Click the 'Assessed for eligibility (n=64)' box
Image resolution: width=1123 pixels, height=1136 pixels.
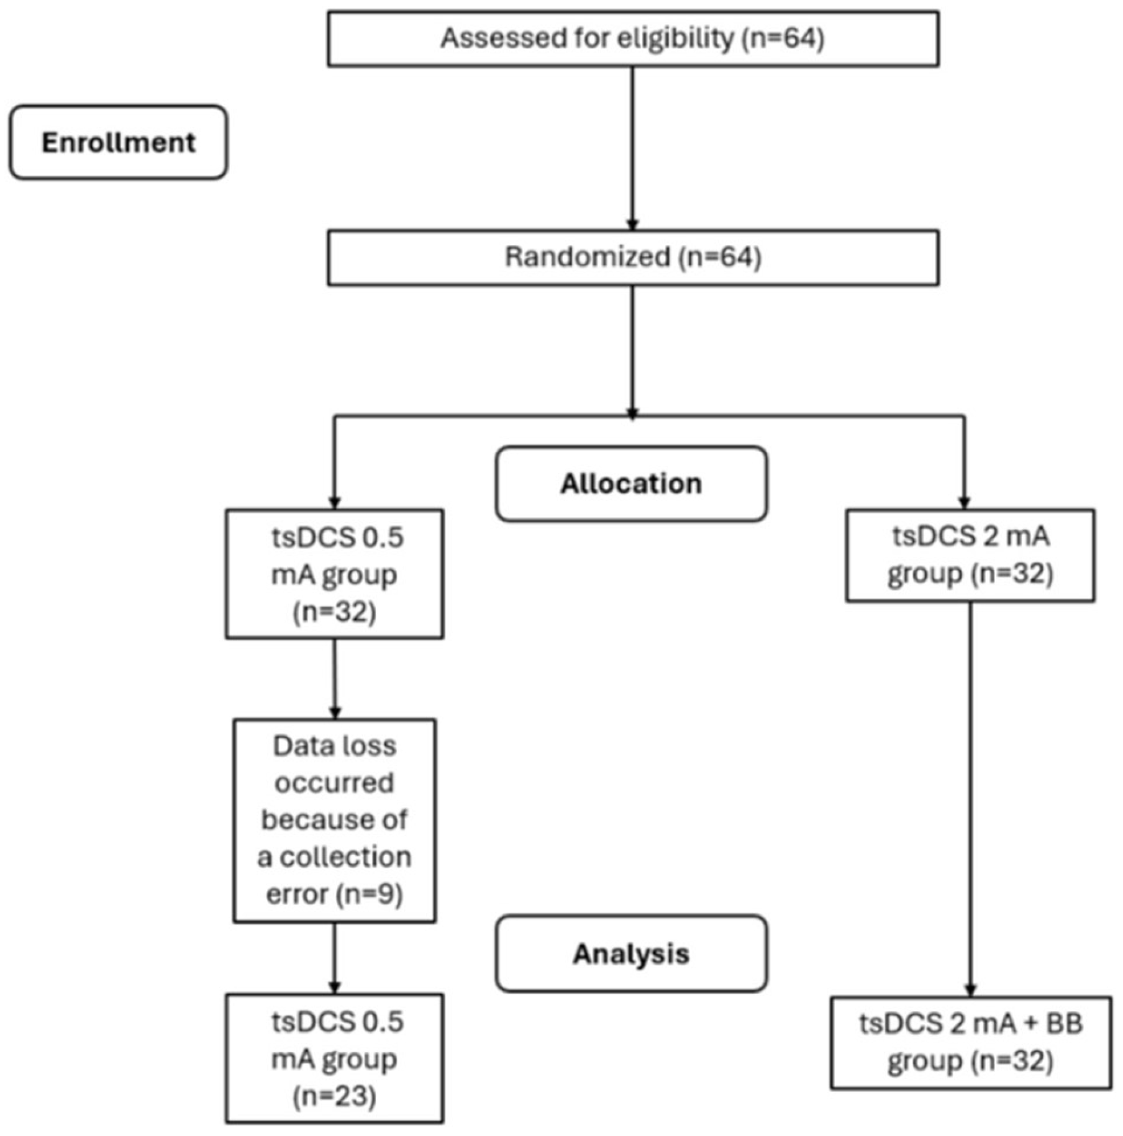632,38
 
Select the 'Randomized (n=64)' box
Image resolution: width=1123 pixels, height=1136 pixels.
632,258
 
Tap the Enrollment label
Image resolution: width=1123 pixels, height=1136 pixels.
118,142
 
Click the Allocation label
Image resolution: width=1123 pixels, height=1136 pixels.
631,484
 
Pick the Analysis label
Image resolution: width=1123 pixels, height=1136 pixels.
631,953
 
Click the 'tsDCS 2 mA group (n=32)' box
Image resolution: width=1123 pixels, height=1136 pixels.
970,555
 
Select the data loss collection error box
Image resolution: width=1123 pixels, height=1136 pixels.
334,821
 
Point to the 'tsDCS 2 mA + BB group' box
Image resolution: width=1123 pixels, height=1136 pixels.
970,1043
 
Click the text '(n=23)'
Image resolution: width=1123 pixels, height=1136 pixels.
334,1096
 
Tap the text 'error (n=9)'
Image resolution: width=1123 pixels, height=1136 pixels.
334,895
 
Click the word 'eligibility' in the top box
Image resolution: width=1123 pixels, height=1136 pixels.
675,38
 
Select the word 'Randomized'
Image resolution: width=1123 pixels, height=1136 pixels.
587,257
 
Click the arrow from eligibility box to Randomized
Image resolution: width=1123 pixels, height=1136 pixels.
632,149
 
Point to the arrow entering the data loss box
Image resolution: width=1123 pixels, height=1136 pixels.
335,679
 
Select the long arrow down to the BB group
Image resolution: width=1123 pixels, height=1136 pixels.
970,801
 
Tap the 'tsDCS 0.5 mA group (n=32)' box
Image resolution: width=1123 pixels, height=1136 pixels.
334,574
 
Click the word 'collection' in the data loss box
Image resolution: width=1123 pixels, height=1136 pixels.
345,857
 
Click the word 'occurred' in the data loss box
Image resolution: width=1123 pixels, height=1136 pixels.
334,783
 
